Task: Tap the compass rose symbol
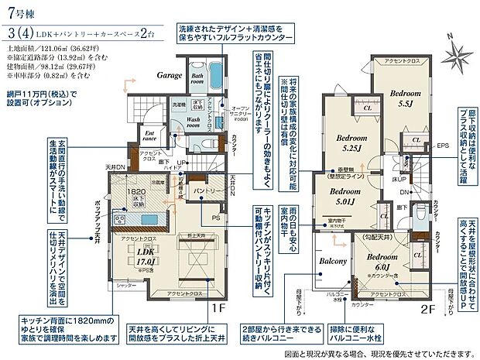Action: (x=461, y=53)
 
